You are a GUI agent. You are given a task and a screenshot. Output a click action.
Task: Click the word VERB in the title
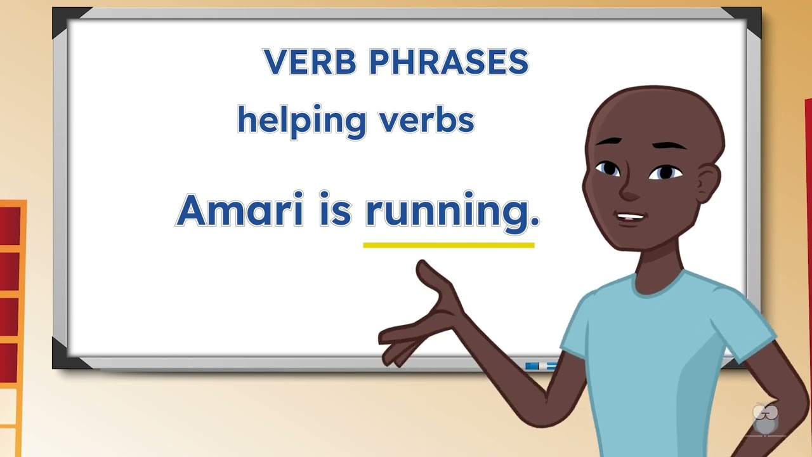[311, 62]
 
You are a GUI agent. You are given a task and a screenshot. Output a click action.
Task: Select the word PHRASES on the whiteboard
[449, 62]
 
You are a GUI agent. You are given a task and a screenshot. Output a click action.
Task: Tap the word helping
[301, 121]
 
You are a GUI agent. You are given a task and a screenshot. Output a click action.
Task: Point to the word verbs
[427, 119]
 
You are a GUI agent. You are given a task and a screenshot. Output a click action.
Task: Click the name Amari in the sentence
[240, 211]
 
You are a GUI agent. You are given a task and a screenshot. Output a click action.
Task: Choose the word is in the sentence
[335, 211]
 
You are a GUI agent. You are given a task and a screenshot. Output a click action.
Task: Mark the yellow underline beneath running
[449, 244]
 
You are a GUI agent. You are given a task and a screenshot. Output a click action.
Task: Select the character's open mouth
[631, 217]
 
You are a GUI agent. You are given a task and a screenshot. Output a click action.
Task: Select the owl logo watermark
[765, 419]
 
